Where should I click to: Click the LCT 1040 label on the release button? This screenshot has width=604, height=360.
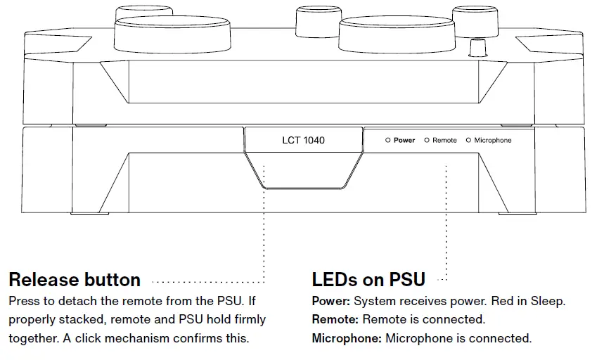(x=303, y=141)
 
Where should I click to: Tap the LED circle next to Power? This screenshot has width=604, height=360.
(x=387, y=141)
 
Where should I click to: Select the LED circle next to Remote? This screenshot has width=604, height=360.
(x=427, y=141)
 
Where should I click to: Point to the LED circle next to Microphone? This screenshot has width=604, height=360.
(x=468, y=141)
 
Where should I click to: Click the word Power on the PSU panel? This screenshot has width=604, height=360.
(x=404, y=141)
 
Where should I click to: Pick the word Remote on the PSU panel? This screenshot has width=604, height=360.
(x=444, y=141)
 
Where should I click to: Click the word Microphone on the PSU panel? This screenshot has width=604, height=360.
(x=493, y=141)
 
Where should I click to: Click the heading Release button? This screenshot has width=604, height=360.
(x=75, y=280)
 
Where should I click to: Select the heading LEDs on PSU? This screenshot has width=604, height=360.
(x=368, y=280)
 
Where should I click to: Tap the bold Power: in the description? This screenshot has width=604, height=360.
(x=331, y=301)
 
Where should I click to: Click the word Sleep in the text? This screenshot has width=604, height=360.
(x=548, y=301)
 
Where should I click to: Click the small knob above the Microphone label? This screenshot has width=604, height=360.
(x=478, y=48)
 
